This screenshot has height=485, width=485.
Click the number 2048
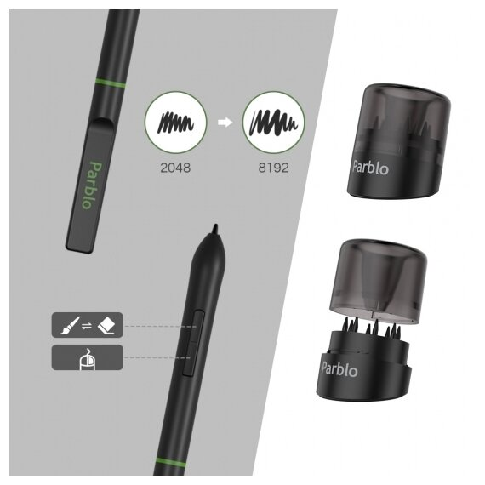pyautogui.click(x=175, y=168)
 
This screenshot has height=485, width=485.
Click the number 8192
pyautogui.click(x=273, y=168)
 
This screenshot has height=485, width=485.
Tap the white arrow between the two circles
pyautogui.click(x=225, y=122)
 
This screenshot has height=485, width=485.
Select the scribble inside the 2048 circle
pyautogui.click(x=175, y=123)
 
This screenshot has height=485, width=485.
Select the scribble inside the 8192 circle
pyautogui.click(x=273, y=123)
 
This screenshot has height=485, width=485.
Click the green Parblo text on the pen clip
pyautogui.click(x=92, y=185)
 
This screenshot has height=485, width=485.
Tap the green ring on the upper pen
pyautogui.click(x=111, y=83)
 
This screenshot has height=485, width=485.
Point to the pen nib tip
pyautogui.click(x=215, y=225)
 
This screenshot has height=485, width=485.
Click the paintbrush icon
pyautogui.click(x=71, y=325)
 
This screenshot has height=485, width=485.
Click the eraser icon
pyautogui.click(x=106, y=325)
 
